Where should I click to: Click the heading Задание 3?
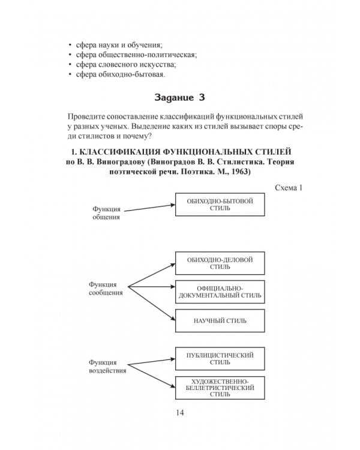[180, 97]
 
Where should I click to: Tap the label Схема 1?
[287, 188]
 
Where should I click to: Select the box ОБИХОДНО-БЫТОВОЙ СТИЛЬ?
[220, 204]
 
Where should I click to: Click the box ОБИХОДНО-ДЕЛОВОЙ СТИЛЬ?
[220, 263]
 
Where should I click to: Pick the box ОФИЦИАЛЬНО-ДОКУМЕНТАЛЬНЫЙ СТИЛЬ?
[220, 292]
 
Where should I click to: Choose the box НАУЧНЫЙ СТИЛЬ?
[220, 320]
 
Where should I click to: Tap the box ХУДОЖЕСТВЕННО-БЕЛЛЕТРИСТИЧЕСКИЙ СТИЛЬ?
[220, 388]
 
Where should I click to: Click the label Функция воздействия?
[107, 367]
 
